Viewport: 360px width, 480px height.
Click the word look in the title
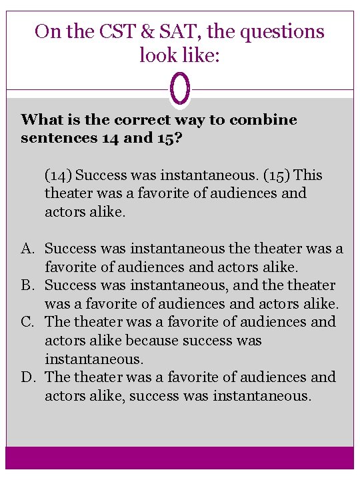click(x=158, y=55)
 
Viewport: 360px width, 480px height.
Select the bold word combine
click(x=263, y=120)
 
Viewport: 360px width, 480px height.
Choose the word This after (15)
click(x=307, y=175)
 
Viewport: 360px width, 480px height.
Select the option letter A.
click(x=27, y=249)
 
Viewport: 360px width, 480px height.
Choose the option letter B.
click(x=27, y=285)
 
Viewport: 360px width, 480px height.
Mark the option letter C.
click(x=27, y=322)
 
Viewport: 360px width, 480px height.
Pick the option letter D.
click(x=27, y=377)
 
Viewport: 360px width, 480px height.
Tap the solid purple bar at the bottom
click(x=180, y=458)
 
